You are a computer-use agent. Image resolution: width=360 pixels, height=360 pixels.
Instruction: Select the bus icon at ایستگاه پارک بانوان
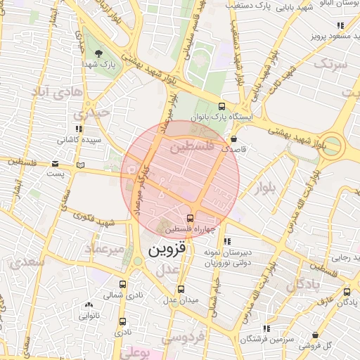click(x=222, y=108)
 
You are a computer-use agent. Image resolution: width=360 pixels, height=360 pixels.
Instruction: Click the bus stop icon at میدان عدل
click(x=181, y=288)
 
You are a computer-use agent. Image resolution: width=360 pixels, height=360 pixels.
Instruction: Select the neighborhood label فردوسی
click(x=184, y=336)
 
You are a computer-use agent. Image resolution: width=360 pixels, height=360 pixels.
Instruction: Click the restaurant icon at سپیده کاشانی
click(x=79, y=129)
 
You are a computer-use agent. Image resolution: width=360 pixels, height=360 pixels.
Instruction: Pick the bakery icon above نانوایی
click(x=89, y=304)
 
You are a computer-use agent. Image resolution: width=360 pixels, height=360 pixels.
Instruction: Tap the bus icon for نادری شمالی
click(x=123, y=285)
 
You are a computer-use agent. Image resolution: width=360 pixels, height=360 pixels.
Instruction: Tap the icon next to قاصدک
click(x=252, y=139)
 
